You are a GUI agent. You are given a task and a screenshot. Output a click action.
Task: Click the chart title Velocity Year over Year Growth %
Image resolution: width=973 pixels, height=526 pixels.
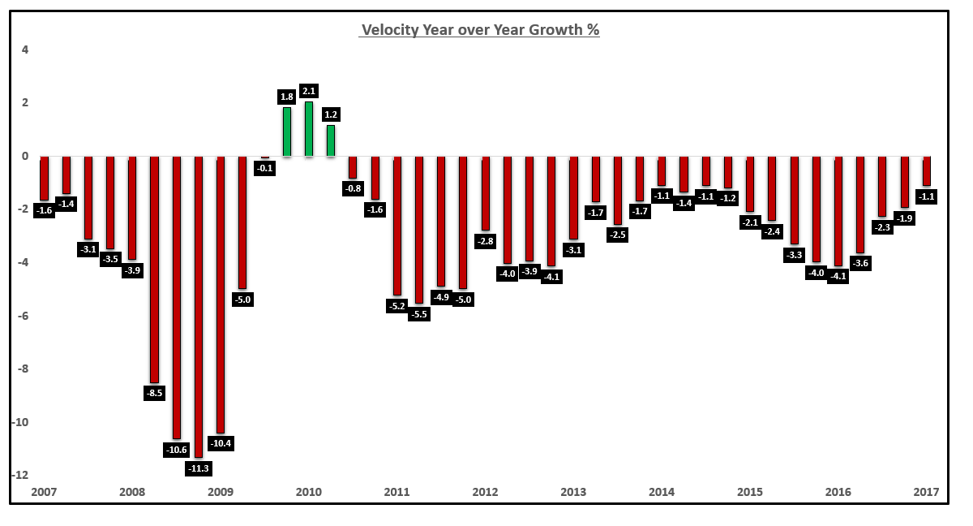point(480,31)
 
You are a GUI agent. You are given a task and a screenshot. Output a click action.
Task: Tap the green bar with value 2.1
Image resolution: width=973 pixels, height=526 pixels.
point(309,128)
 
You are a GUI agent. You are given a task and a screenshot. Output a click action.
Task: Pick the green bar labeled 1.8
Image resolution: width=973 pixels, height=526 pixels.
point(287,131)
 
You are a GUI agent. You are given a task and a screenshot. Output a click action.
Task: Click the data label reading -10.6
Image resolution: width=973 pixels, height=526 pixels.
point(177,450)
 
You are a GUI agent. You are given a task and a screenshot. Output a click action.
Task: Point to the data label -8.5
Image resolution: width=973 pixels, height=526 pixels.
point(155,394)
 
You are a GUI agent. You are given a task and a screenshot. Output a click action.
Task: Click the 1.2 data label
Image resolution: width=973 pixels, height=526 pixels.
point(331,114)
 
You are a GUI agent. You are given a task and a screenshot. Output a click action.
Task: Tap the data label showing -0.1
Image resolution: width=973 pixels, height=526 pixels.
point(264,169)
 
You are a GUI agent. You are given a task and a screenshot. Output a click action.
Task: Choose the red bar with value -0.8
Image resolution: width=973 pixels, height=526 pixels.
point(353,167)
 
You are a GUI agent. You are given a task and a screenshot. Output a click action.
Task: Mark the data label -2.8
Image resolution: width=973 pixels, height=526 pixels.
point(485,241)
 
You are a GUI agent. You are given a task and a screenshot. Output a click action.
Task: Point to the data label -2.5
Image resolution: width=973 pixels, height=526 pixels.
point(618,235)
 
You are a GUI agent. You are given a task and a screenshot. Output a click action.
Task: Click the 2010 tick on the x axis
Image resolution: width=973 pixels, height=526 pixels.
point(308,492)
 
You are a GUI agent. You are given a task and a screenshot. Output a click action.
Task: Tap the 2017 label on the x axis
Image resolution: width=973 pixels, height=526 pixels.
point(926,492)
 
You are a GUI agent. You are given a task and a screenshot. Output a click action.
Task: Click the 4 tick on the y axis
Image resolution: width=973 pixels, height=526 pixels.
point(25,50)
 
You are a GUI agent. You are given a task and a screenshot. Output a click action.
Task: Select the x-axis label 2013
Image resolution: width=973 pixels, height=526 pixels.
point(573,492)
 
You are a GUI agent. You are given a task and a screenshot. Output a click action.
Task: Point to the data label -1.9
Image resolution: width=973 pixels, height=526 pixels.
point(904,218)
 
